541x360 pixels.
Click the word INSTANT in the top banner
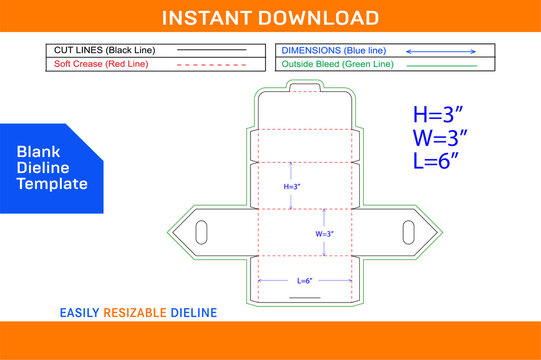click(209, 18)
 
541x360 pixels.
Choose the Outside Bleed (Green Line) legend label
click(335, 64)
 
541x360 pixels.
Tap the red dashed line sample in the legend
click(212, 65)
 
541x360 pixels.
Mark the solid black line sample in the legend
click(212, 49)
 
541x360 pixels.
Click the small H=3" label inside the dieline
click(292, 186)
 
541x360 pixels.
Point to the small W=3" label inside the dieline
click(324, 233)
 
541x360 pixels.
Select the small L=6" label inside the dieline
click(304, 281)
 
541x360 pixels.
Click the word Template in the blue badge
click(52, 185)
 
